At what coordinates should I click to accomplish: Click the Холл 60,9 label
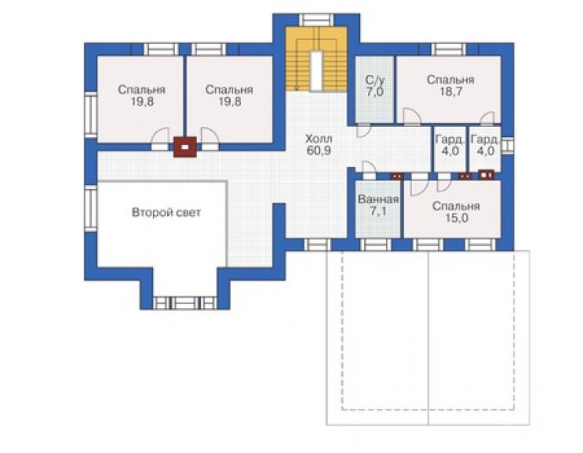click(x=319, y=145)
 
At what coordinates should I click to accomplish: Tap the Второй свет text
click(x=166, y=213)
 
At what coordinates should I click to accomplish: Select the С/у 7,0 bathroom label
click(x=375, y=86)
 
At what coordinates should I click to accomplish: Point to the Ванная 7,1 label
click(x=378, y=205)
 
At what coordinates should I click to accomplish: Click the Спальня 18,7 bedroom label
click(x=451, y=86)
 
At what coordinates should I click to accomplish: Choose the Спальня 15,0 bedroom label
click(x=456, y=212)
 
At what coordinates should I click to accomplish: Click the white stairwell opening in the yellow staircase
click(x=316, y=71)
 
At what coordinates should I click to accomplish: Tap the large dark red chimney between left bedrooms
click(x=185, y=147)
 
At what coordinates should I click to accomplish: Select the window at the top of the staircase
click(x=316, y=20)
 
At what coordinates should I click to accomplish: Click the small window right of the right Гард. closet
click(x=507, y=146)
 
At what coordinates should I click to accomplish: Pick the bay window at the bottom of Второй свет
click(x=185, y=303)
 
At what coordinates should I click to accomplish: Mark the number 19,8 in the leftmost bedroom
click(x=142, y=102)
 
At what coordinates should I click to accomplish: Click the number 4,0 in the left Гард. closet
click(x=450, y=151)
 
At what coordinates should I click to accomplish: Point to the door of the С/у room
click(x=364, y=129)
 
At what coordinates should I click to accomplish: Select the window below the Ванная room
click(x=376, y=245)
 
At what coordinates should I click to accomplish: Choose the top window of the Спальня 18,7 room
click(x=449, y=50)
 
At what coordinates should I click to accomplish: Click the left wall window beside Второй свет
click(x=91, y=208)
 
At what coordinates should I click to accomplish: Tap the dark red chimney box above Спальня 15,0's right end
click(x=486, y=174)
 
